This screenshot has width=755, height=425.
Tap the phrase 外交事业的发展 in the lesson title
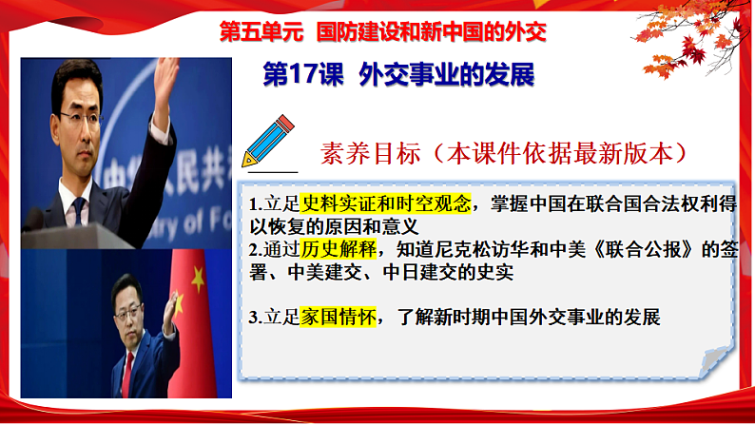click(x=448, y=77)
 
